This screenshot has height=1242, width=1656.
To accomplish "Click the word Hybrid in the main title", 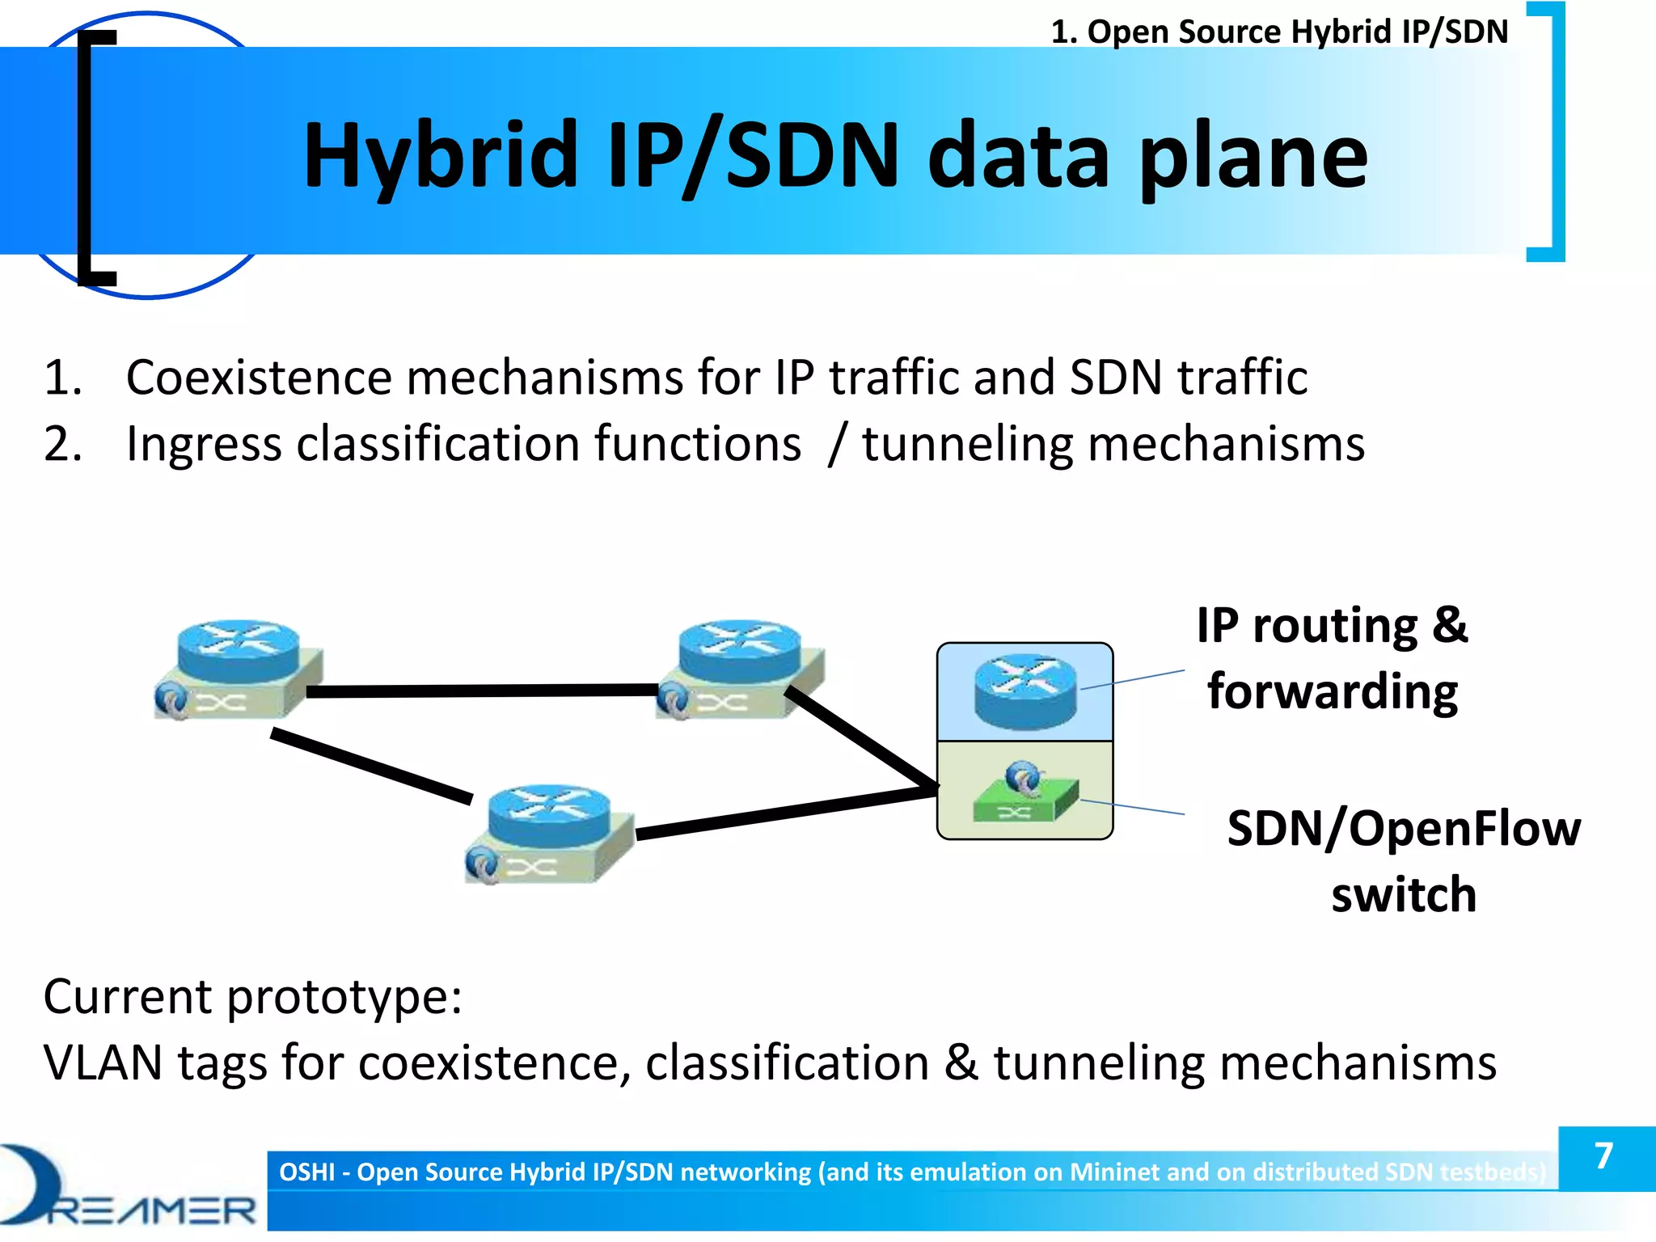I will pyautogui.click(x=441, y=155).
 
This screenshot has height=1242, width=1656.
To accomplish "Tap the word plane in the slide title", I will pyautogui.click(x=1253, y=158).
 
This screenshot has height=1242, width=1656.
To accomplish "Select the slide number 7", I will pyautogui.click(x=1604, y=1156).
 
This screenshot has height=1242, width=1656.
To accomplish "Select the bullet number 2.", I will pyautogui.click(x=62, y=444).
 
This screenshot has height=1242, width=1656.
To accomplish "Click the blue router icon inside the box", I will pyautogui.click(x=1025, y=691).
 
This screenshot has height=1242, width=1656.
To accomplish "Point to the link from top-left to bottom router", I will pyautogui.click(x=372, y=766).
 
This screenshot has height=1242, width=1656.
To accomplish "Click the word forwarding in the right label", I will pyautogui.click(x=1333, y=692).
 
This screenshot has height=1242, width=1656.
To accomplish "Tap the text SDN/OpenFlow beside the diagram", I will pyautogui.click(x=1403, y=829).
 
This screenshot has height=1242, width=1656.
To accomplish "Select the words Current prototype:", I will pyautogui.click(x=252, y=996).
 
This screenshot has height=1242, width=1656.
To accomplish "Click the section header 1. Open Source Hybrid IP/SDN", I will pyautogui.click(x=1279, y=32).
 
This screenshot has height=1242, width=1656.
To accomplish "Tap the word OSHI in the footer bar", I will pyautogui.click(x=306, y=1172).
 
